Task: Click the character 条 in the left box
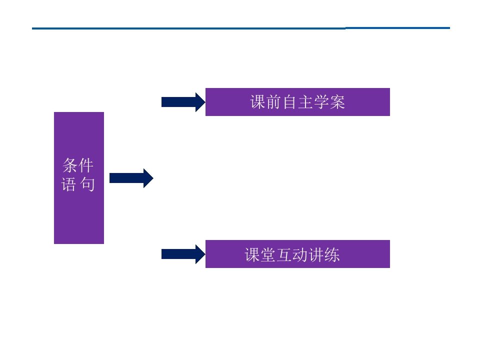70,165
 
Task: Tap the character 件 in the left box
86,165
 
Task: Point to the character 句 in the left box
87,184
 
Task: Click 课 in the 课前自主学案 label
258,102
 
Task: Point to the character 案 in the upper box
337,102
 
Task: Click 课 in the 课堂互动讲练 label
252,254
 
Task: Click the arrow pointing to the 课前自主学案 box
182,102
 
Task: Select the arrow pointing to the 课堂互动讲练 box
182,254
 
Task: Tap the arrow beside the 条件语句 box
131,178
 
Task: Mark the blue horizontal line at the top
240,28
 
